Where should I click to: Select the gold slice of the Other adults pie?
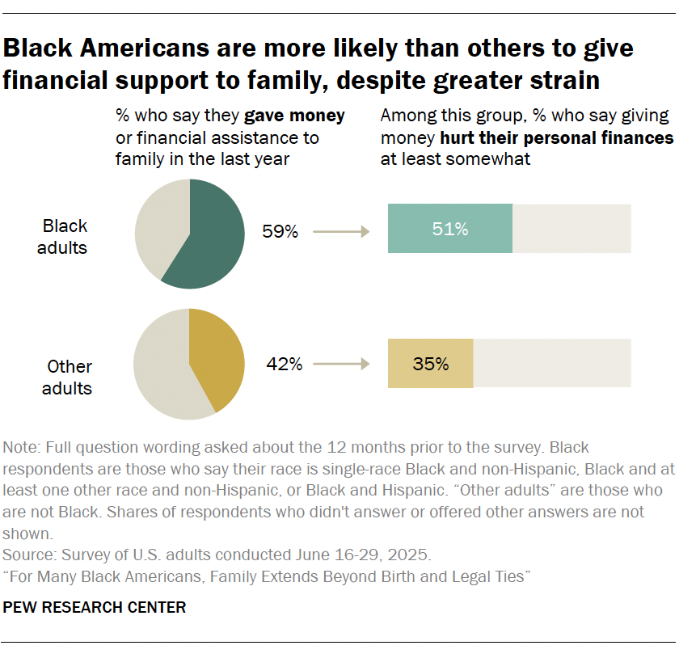(x=217, y=360)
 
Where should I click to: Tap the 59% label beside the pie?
(x=280, y=232)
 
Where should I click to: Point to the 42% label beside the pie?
(x=285, y=365)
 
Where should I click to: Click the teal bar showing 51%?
(x=450, y=230)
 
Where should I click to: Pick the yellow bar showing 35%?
(x=430, y=364)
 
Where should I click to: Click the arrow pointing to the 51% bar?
(x=340, y=232)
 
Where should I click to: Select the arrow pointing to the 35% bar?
(x=340, y=365)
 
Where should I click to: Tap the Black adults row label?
(x=65, y=237)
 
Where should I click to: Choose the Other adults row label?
(x=67, y=378)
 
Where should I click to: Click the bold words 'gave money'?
(x=295, y=116)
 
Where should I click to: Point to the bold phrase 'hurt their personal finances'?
(x=556, y=137)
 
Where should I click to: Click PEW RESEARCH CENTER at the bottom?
(x=95, y=607)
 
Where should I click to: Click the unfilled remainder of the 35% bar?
(x=551, y=364)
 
